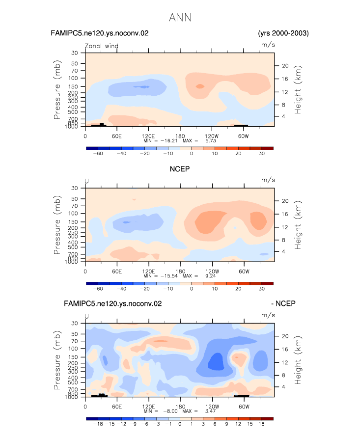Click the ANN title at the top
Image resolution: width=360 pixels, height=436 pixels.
point(180,18)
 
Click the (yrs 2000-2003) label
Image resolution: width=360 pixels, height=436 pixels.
point(283,33)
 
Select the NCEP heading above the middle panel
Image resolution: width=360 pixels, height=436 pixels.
point(180,169)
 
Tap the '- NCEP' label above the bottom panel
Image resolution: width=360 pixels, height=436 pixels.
point(283,303)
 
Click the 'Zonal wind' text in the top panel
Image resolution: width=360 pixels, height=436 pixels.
point(102,46)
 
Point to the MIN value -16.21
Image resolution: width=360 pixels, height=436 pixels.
point(169,141)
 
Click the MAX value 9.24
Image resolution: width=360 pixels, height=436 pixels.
point(210,276)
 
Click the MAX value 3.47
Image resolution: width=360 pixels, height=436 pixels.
point(210,411)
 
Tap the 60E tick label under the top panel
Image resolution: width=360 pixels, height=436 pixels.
point(117,136)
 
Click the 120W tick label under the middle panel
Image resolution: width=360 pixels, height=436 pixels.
point(212,272)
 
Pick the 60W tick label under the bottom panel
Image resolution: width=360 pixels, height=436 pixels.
point(244,407)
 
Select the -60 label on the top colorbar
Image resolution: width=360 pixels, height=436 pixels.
point(98,154)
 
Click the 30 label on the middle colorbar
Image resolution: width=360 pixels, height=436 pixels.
point(261,289)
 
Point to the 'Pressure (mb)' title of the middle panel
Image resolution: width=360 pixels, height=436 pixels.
point(57,225)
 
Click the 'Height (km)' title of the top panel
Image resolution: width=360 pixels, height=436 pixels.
point(298,89)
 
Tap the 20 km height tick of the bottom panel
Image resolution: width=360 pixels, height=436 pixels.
point(285,336)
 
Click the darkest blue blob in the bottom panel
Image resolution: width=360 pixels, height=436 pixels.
point(216,361)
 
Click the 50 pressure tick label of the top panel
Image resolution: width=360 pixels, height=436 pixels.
point(74,63)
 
